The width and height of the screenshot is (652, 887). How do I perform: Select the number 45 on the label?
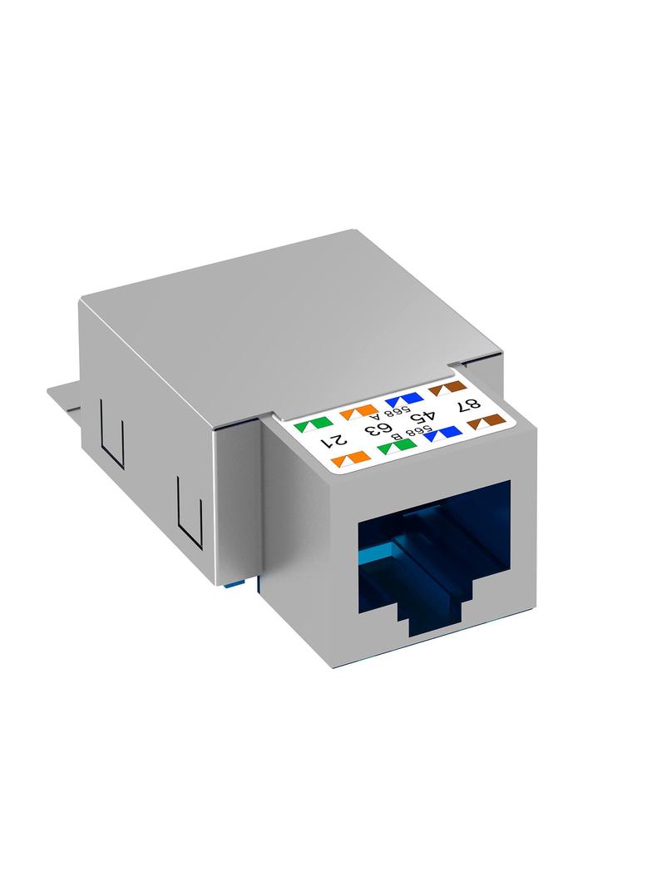coord(421,418)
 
